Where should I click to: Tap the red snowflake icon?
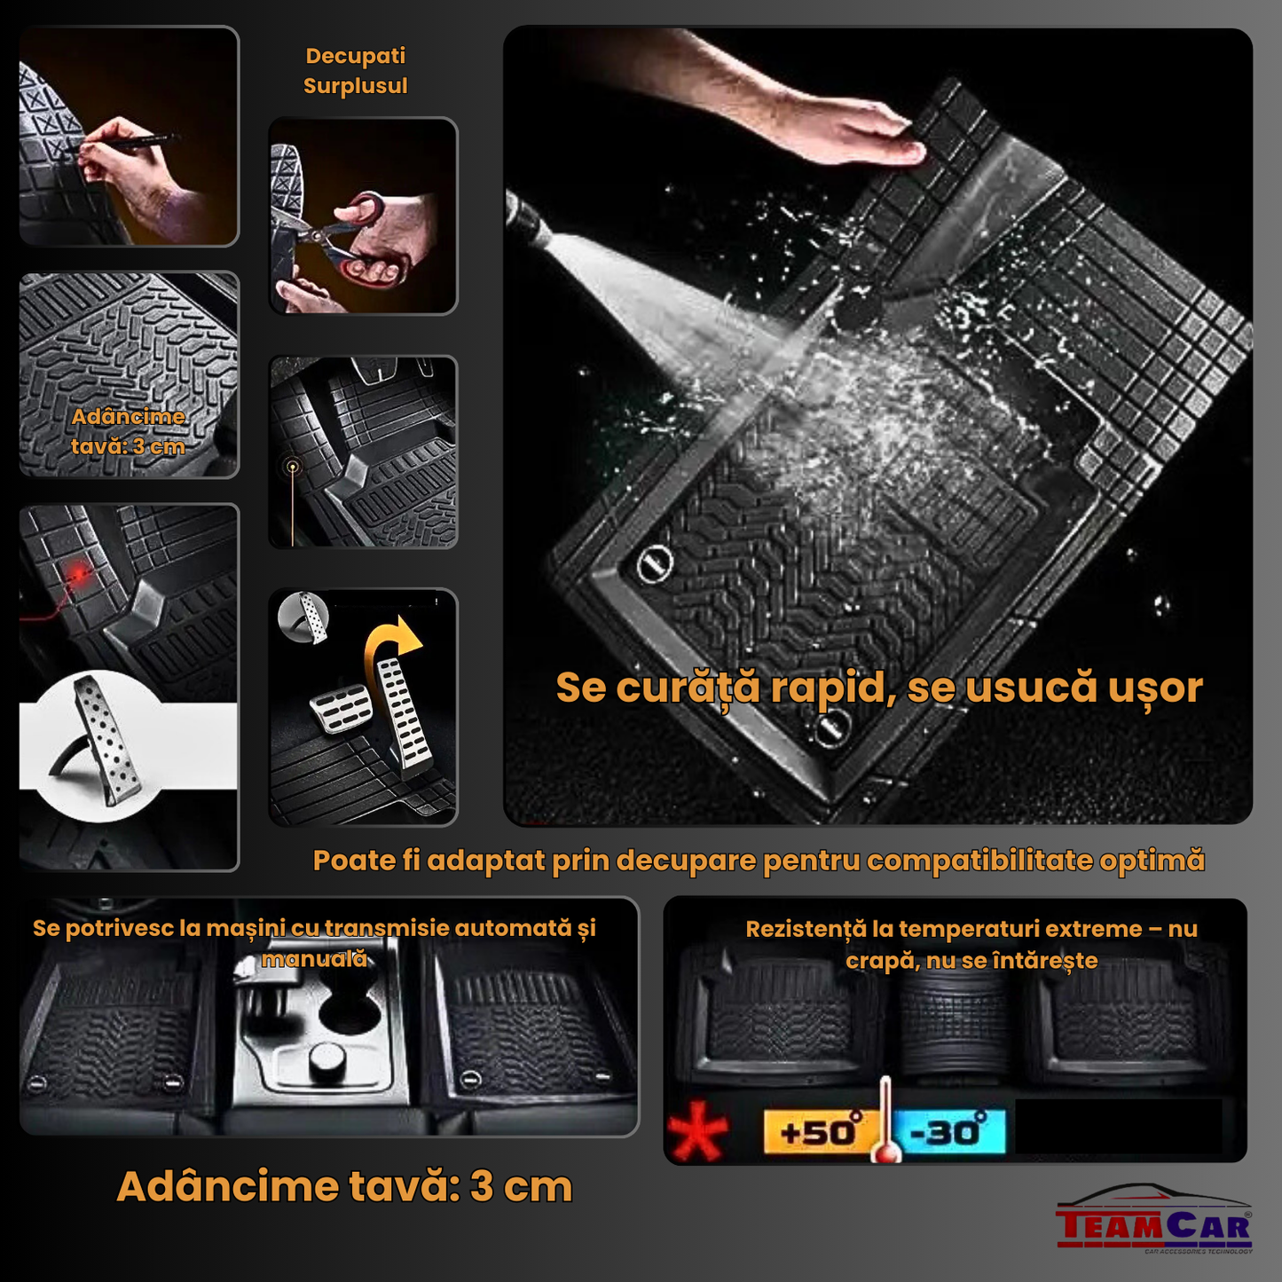click(x=698, y=1131)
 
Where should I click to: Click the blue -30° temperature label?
click(x=948, y=1131)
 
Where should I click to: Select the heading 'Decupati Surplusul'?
click(x=355, y=71)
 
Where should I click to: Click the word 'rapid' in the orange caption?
click(x=827, y=688)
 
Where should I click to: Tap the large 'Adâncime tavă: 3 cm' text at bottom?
click(x=344, y=1186)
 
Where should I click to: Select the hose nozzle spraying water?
click(x=523, y=213)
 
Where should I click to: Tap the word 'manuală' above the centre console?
click(x=314, y=959)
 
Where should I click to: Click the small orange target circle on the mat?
click(x=293, y=466)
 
